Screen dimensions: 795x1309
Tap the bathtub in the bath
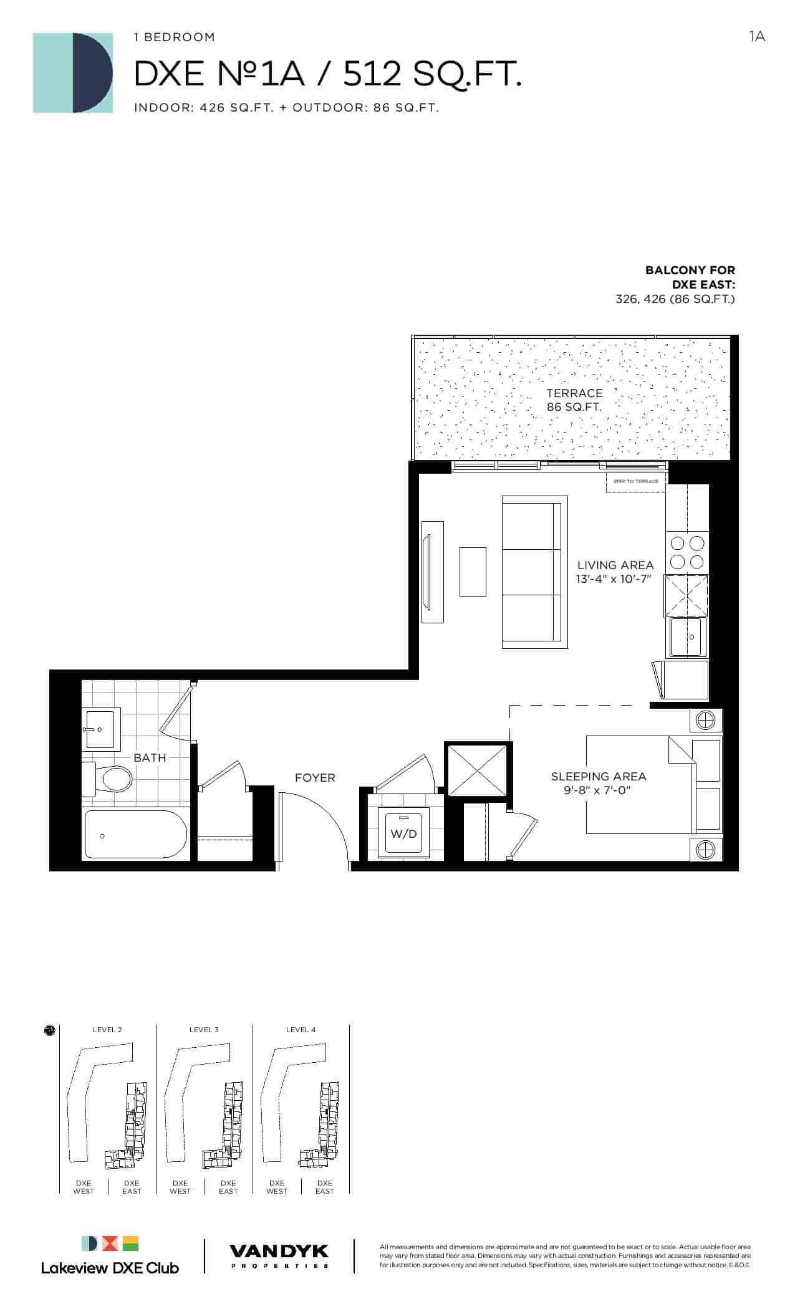tap(136, 835)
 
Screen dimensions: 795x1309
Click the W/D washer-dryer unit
tap(404, 833)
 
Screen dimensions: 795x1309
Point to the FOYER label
tap(315, 778)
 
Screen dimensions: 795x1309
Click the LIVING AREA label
tap(615, 565)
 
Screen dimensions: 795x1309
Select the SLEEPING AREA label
tap(599, 776)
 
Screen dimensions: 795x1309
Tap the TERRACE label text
tap(575, 393)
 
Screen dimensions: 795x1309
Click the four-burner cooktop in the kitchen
tap(687, 553)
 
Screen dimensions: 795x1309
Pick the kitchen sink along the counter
tap(688, 637)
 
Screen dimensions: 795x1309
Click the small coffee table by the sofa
tap(473, 572)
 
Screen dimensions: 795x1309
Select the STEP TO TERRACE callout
tap(635, 481)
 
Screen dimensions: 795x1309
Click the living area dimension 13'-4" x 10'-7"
tap(614, 579)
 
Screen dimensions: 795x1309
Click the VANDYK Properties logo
tap(279, 1255)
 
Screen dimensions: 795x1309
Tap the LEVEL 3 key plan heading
tap(204, 1030)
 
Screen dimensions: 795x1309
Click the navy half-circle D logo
tap(92, 73)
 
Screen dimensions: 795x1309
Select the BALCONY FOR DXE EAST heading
tap(690, 277)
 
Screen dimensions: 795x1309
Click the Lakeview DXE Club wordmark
tap(110, 1268)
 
